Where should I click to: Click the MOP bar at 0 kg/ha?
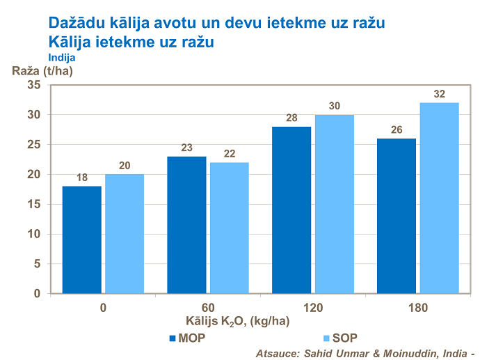(x=82, y=240)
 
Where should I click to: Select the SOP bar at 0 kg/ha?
(x=124, y=233)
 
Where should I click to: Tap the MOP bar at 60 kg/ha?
(x=186, y=224)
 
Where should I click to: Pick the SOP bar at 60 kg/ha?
(x=229, y=228)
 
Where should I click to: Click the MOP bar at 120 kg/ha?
(x=291, y=210)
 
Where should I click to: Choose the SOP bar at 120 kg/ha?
(x=334, y=203)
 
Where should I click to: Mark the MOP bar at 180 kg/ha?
(x=396, y=216)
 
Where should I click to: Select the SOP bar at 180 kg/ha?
(x=439, y=198)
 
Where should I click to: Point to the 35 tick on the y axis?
(x=33, y=85)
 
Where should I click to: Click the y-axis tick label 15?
(x=33, y=204)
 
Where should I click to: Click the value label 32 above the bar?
(x=439, y=94)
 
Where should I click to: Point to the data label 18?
(x=82, y=178)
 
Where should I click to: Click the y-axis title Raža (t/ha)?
(x=43, y=70)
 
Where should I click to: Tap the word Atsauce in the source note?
(x=276, y=352)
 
